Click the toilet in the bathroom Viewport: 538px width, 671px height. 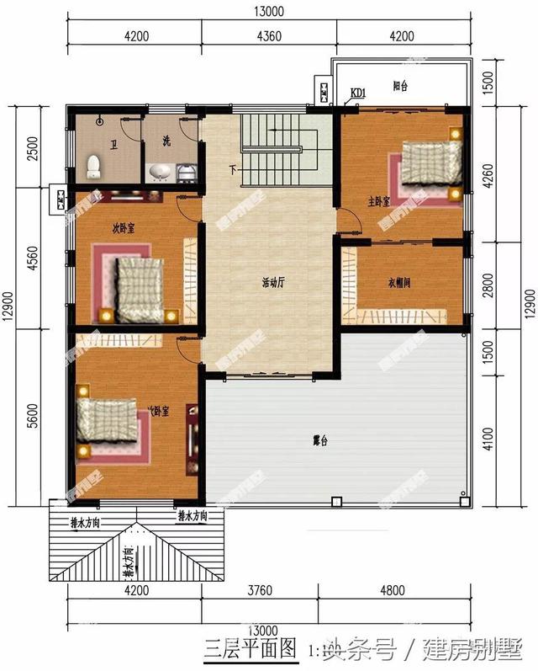click(94, 164)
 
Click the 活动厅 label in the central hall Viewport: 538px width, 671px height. click(273, 284)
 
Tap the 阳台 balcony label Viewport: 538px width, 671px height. click(402, 85)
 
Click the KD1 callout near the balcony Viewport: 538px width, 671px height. click(358, 93)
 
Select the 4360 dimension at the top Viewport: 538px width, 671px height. click(269, 36)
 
